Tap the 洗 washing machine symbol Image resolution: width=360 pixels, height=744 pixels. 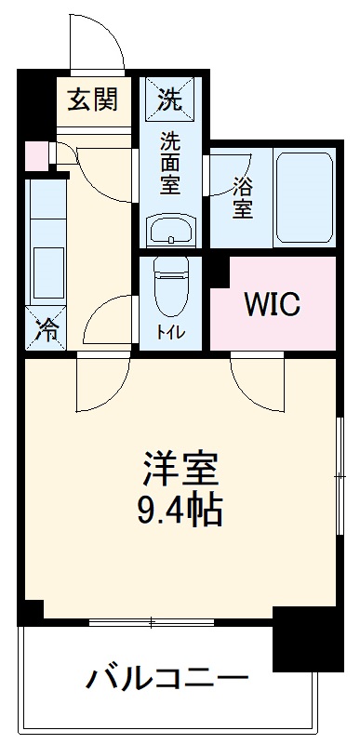(x=169, y=98)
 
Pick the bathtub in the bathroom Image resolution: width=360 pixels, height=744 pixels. (x=305, y=196)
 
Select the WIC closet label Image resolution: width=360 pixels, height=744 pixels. (x=272, y=303)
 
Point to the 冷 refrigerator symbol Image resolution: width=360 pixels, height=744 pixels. (x=45, y=328)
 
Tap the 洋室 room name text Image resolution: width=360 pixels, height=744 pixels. (x=180, y=470)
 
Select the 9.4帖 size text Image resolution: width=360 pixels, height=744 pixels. (x=180, y=510)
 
